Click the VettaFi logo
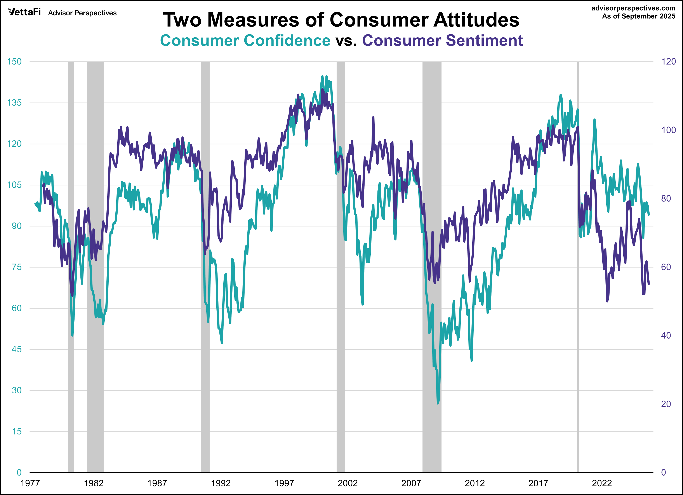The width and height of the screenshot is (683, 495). coord(24,12)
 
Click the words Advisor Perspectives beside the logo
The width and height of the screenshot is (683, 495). coord(82,13)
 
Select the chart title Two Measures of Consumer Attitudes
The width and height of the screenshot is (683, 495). coord(341,20)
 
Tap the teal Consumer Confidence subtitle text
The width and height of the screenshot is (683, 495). coord(245,40)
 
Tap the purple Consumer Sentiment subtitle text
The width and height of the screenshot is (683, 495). coord(442,40)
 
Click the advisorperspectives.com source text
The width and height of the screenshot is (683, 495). coord(633,8)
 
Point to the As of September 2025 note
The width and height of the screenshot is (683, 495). coord(638,16)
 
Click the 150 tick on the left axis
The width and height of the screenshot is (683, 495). coord(14,62)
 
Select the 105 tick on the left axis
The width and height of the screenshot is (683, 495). coord(14,185)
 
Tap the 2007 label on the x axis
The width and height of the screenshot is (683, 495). coord(411,483)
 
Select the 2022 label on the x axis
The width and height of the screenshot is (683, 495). coord(602,483)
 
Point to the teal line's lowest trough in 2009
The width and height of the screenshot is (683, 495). coord(438,403)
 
